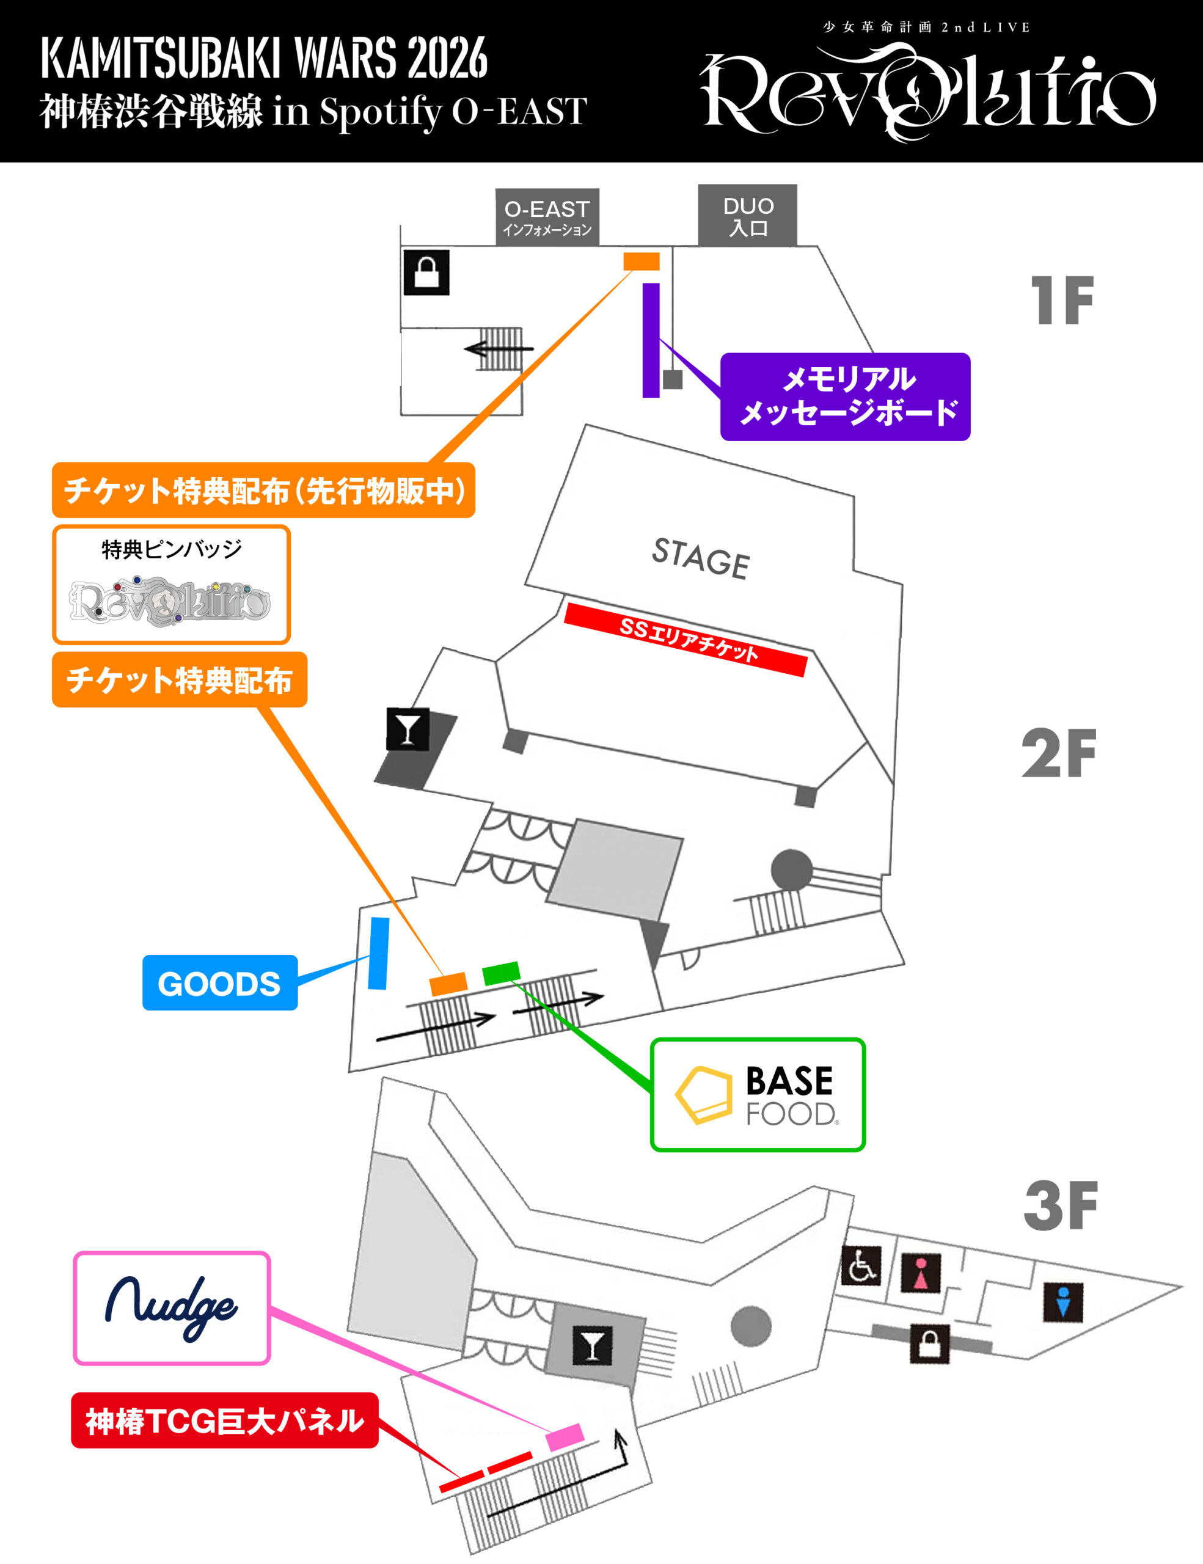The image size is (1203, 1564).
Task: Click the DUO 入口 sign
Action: [x=748, y=216]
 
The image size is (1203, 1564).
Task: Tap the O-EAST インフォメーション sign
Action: [x=547, y=217]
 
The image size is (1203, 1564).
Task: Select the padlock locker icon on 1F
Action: [x=427, y=272]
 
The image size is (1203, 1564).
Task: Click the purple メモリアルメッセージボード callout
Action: [x=845, y=396]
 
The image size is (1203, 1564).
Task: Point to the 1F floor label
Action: [x=1062, y=301]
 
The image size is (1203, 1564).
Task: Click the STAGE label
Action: [x=701, y=558]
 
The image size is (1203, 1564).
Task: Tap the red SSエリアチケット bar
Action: [x=686, y=640]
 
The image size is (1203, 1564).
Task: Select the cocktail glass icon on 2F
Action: [x=408, y=729]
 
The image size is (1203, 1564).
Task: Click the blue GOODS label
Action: [x=220, y=982]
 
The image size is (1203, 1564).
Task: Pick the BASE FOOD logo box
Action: [x=758, y=1095]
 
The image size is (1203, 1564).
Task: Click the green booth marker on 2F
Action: [x=501, y=973]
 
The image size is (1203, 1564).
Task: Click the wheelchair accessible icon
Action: [x=861, y=1266]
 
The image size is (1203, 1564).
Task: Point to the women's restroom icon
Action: [x=921, y=1273]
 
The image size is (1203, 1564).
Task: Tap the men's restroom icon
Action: [x=1063, y=1302]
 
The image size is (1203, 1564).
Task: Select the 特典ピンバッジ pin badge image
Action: [x=170, y=600]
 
